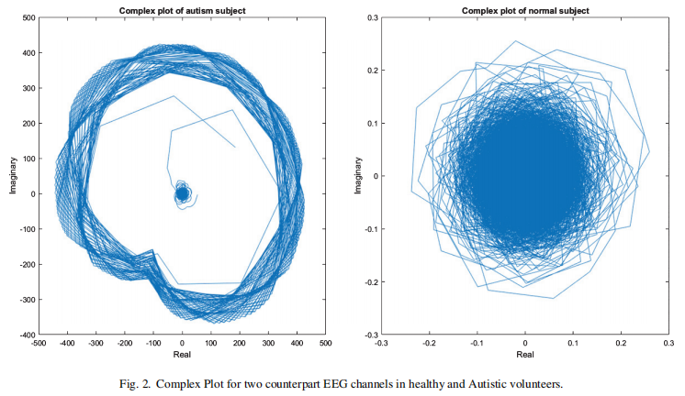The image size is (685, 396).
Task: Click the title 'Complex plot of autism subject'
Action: point(182,10)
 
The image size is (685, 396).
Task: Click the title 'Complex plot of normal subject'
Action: point(524,10)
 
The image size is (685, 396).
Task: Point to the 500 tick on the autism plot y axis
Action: point(28,17)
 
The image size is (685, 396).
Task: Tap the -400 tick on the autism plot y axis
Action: point(27,335)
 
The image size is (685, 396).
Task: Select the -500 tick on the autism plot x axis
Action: point(39,344)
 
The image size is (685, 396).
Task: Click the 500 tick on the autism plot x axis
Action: point(325,344)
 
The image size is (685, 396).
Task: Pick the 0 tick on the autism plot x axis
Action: point(183,344)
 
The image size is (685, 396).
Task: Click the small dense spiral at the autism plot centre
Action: point(182,193)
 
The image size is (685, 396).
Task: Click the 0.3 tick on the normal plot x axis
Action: point(668,344)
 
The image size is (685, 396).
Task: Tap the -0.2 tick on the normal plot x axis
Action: point(429,344)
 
